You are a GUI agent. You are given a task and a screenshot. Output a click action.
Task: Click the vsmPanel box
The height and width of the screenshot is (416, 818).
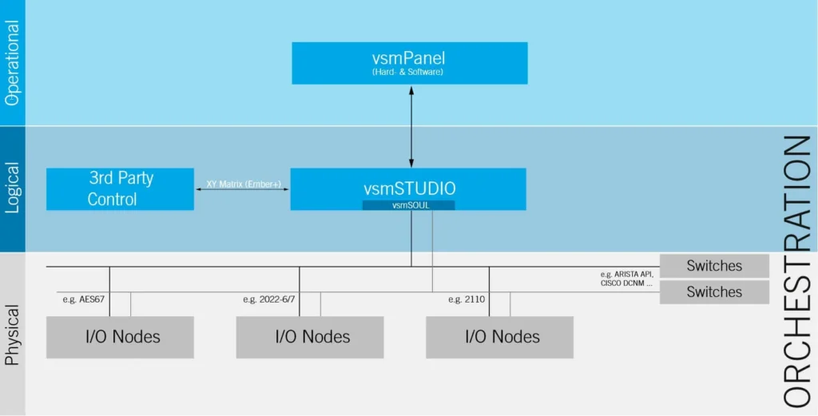click(410, 63)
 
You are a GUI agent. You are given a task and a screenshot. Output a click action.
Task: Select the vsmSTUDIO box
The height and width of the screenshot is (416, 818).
click(408, 188)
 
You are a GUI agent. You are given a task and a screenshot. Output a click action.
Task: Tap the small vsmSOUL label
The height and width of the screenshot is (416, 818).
click(408, 205)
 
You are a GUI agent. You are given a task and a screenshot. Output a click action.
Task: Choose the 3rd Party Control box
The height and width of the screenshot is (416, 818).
click(120, 188)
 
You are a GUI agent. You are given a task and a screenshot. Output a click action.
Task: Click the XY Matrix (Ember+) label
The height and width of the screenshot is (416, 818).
click(242, 184)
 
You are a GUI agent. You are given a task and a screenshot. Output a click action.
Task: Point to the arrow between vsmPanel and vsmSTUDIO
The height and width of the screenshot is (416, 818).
click(411, 126)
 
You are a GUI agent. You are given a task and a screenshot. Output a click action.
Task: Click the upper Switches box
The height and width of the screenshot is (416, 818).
click(714, 266)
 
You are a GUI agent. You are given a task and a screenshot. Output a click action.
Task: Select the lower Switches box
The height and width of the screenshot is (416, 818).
click(714, 292)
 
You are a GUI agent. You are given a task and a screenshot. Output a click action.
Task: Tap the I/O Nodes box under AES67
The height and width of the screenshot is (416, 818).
click(120, 337)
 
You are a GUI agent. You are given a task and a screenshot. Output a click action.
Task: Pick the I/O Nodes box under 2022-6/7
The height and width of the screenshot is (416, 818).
click(310, 337)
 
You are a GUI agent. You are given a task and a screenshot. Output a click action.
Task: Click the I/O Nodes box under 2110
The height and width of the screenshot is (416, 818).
click(500, 337)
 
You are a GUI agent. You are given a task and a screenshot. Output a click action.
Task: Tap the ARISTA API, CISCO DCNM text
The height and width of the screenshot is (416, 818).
click(626, 279)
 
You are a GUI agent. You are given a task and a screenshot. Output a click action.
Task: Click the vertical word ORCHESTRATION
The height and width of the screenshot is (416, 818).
click(798, 271)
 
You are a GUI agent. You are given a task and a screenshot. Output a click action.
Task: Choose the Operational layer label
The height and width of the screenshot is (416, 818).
click(13, 62)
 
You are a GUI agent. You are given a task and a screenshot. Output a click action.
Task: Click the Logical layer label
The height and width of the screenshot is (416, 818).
click(13, 188)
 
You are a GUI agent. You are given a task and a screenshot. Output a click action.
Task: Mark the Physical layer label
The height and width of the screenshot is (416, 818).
click(13, 335)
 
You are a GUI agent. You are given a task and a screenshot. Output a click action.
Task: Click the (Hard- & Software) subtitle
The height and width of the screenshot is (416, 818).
click(408, 73)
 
